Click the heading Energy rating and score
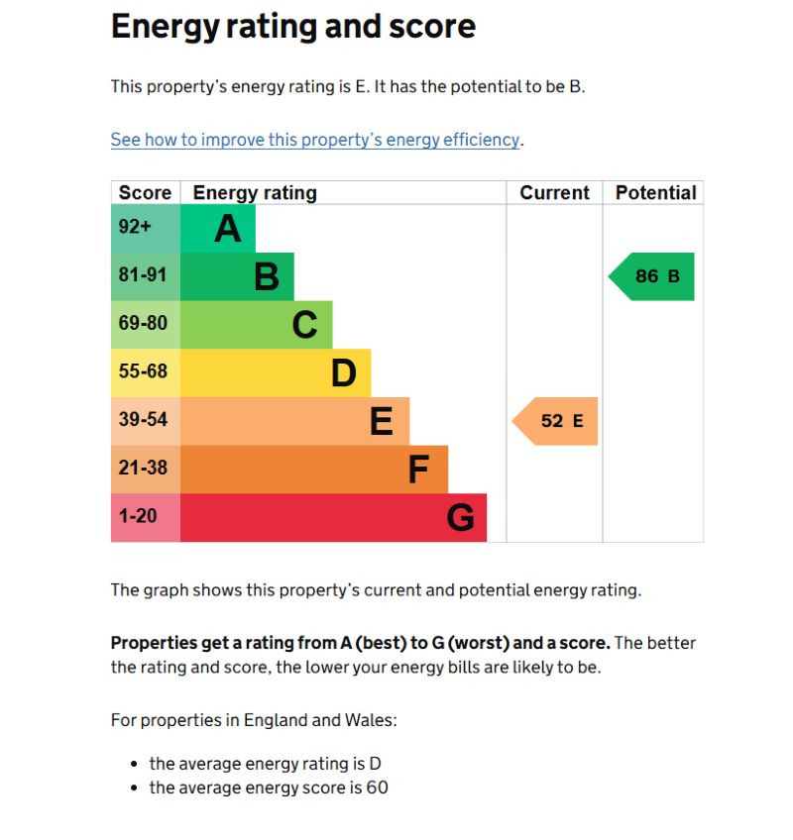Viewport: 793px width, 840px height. (292, 27)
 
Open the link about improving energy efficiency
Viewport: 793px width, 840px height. (314, 140)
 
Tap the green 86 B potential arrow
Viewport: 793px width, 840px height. (652, 276)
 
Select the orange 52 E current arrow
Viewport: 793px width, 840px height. (556, 421)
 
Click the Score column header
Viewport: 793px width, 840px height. (145, 193)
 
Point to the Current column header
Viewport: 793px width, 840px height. (554, 193)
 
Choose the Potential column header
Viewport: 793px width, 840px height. (655, 193)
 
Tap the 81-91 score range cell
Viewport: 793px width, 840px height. (144, 275)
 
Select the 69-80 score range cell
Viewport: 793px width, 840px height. (144, 324)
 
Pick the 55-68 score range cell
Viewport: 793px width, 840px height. (144, 372)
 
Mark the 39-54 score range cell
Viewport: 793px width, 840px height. (144, 420)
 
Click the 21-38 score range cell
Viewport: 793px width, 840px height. (144, 468)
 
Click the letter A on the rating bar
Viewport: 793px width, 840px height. (228, 229)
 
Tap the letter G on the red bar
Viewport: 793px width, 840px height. (460, 517)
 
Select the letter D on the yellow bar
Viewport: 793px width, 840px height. (343, 373)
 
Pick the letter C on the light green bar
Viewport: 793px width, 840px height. (304, 325)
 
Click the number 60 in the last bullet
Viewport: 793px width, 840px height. (377, 788)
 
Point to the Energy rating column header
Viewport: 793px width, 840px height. (255, 193)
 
